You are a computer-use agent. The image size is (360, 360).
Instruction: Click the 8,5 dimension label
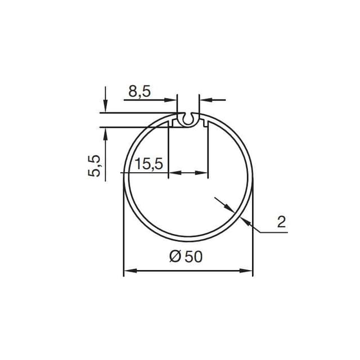pos(139,91)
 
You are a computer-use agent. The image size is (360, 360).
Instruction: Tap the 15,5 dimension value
pos(149,164)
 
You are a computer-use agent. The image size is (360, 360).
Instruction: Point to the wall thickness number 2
pos(281,222)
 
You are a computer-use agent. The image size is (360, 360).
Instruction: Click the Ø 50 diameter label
pos(185,256)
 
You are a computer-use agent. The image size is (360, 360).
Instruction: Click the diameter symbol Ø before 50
pos(174,257)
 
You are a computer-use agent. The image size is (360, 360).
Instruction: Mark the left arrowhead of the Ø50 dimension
pos(129,271)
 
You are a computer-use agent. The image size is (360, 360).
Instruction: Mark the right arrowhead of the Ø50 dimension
pos(247,271)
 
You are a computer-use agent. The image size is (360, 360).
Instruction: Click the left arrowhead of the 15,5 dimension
pos(174,173)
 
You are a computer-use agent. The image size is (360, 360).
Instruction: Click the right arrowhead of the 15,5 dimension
pos(202,173)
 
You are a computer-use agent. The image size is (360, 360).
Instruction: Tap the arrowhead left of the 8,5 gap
pos(173,100)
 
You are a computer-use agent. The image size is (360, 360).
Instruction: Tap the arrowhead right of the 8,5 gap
pos(205,100)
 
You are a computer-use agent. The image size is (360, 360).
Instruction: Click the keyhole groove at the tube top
pos(188,119)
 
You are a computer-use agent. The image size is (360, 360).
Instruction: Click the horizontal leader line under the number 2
pos(273,231)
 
